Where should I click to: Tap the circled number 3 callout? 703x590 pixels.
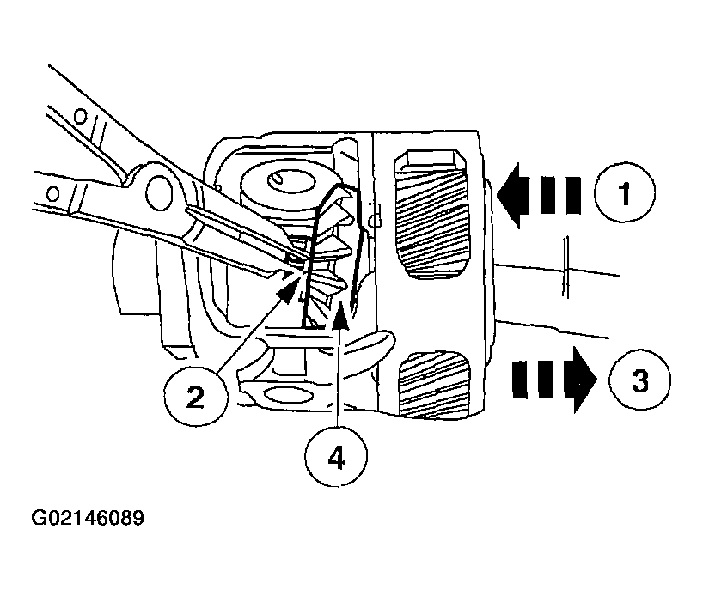639,379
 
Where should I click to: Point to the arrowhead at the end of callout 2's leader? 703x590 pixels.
290,289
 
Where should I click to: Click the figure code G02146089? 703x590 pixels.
88,519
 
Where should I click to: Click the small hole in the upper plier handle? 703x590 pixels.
79,114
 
